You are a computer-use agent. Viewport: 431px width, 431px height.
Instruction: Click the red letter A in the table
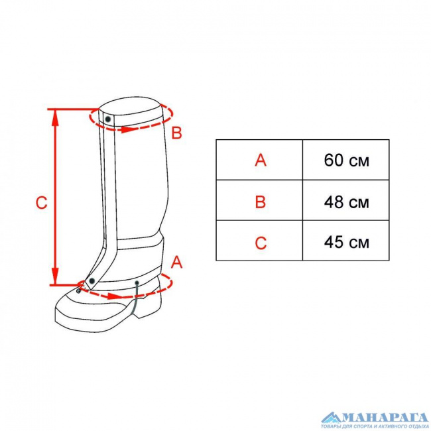261,160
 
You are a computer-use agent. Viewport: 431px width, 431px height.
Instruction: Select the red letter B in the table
261,202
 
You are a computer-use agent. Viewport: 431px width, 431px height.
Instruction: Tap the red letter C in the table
261,243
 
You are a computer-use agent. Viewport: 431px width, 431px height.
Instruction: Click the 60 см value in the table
346,160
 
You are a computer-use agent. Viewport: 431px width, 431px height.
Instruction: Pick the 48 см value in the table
346,202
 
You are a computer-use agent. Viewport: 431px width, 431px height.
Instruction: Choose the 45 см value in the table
346,243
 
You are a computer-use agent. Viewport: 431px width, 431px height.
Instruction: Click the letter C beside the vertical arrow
42,203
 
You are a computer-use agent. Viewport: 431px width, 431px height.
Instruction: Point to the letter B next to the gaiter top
176,133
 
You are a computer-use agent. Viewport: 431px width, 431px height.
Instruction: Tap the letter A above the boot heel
176,262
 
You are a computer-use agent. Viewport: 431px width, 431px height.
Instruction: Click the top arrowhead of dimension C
55,117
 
